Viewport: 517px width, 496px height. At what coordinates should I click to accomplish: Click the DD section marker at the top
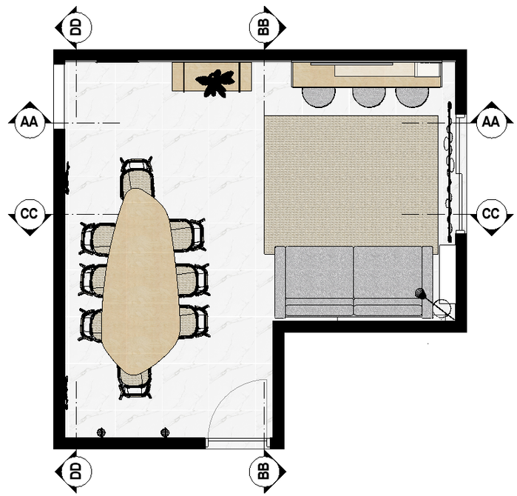[x=75, y=27]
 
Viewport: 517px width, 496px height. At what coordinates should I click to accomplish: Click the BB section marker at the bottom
[x=264, y=470]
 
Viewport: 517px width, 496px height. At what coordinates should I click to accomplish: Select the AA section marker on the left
[x=30, y=122]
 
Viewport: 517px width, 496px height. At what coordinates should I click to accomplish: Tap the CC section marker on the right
[x=491, y=213]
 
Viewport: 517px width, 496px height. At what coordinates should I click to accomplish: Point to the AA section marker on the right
[x=491, y=122]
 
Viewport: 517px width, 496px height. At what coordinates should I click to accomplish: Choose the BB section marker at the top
[x=264, y=27]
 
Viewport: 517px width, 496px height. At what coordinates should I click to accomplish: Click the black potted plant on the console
[x=215, y=83]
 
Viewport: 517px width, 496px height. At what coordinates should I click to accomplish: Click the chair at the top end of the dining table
[x=137, y=174]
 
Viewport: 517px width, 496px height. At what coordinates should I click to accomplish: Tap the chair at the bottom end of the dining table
[x=135, y=382]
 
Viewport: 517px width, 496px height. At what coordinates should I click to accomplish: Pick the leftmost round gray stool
[x=319, y=97]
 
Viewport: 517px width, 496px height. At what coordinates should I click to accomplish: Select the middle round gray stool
[x=368, y=97]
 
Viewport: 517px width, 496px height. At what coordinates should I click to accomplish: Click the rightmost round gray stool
[x=412, y=97]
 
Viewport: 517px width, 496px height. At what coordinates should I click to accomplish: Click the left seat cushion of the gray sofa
[x=320, y=272]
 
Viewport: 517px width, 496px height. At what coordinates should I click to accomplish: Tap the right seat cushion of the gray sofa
[x=388, y=272]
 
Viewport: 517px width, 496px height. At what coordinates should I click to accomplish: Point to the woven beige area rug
[x=351, y=181]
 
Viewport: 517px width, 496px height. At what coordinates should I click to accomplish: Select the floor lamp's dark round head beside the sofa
[x=420, y=292]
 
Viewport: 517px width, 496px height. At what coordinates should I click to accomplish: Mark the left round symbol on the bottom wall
[x=101, y=432]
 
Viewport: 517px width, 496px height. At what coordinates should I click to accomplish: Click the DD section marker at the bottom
[x=75, y=470]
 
